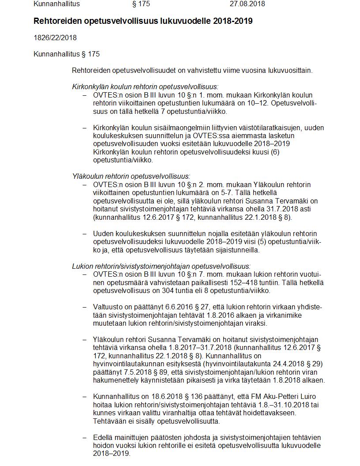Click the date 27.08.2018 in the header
pos(247,4)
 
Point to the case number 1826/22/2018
pos(55,38)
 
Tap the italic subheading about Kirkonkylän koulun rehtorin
pos(145,87)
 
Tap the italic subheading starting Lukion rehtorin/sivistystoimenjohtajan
pos(161,266)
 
